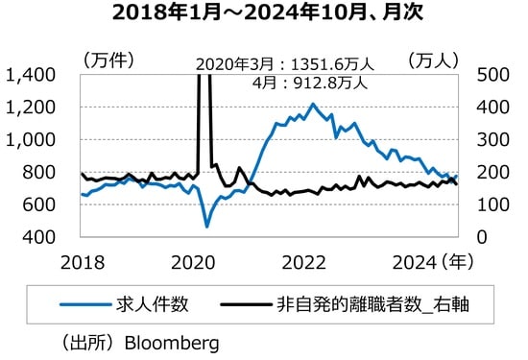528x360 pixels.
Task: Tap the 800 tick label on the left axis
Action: [x=36, y=173]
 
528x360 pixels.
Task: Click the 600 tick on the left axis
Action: [x=36, y=204]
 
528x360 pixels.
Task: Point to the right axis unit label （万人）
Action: [x=437, y=60]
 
